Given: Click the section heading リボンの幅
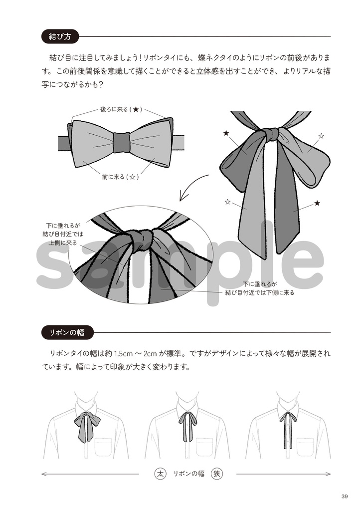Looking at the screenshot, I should (67, 332).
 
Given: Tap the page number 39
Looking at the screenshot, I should (345, 496).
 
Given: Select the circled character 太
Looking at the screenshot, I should (160, 473).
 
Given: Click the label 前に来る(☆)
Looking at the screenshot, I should (120, 177).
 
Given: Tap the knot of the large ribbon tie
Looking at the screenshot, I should (270, 134).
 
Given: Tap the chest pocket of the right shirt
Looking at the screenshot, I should (305, 446).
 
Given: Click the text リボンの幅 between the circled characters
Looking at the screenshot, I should (188, 474).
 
